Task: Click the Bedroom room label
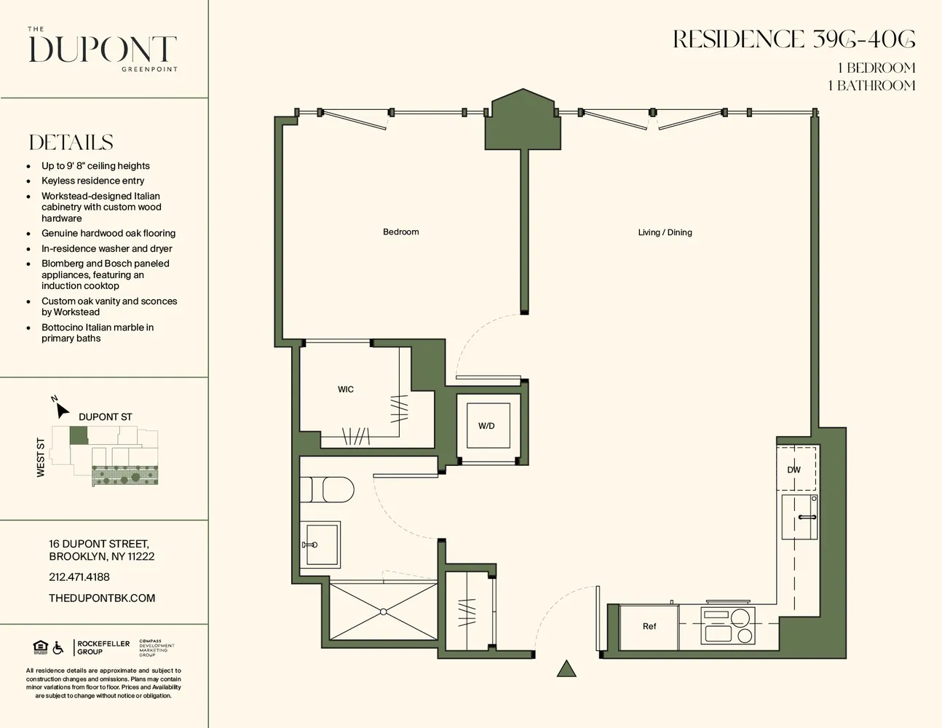400,232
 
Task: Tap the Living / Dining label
665,233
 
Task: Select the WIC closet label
346,389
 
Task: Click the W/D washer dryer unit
487,426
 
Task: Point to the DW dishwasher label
793,470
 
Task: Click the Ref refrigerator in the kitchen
649,627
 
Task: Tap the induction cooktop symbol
728,626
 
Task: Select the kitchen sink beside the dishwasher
799,517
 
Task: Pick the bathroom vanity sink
320,544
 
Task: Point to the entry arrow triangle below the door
566,669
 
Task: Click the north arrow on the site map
62,408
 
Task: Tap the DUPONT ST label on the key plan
106,417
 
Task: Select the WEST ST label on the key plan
41,458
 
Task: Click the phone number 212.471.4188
79,577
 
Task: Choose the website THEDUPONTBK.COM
102,598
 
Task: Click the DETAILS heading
71,143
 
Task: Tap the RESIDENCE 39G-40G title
793,40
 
